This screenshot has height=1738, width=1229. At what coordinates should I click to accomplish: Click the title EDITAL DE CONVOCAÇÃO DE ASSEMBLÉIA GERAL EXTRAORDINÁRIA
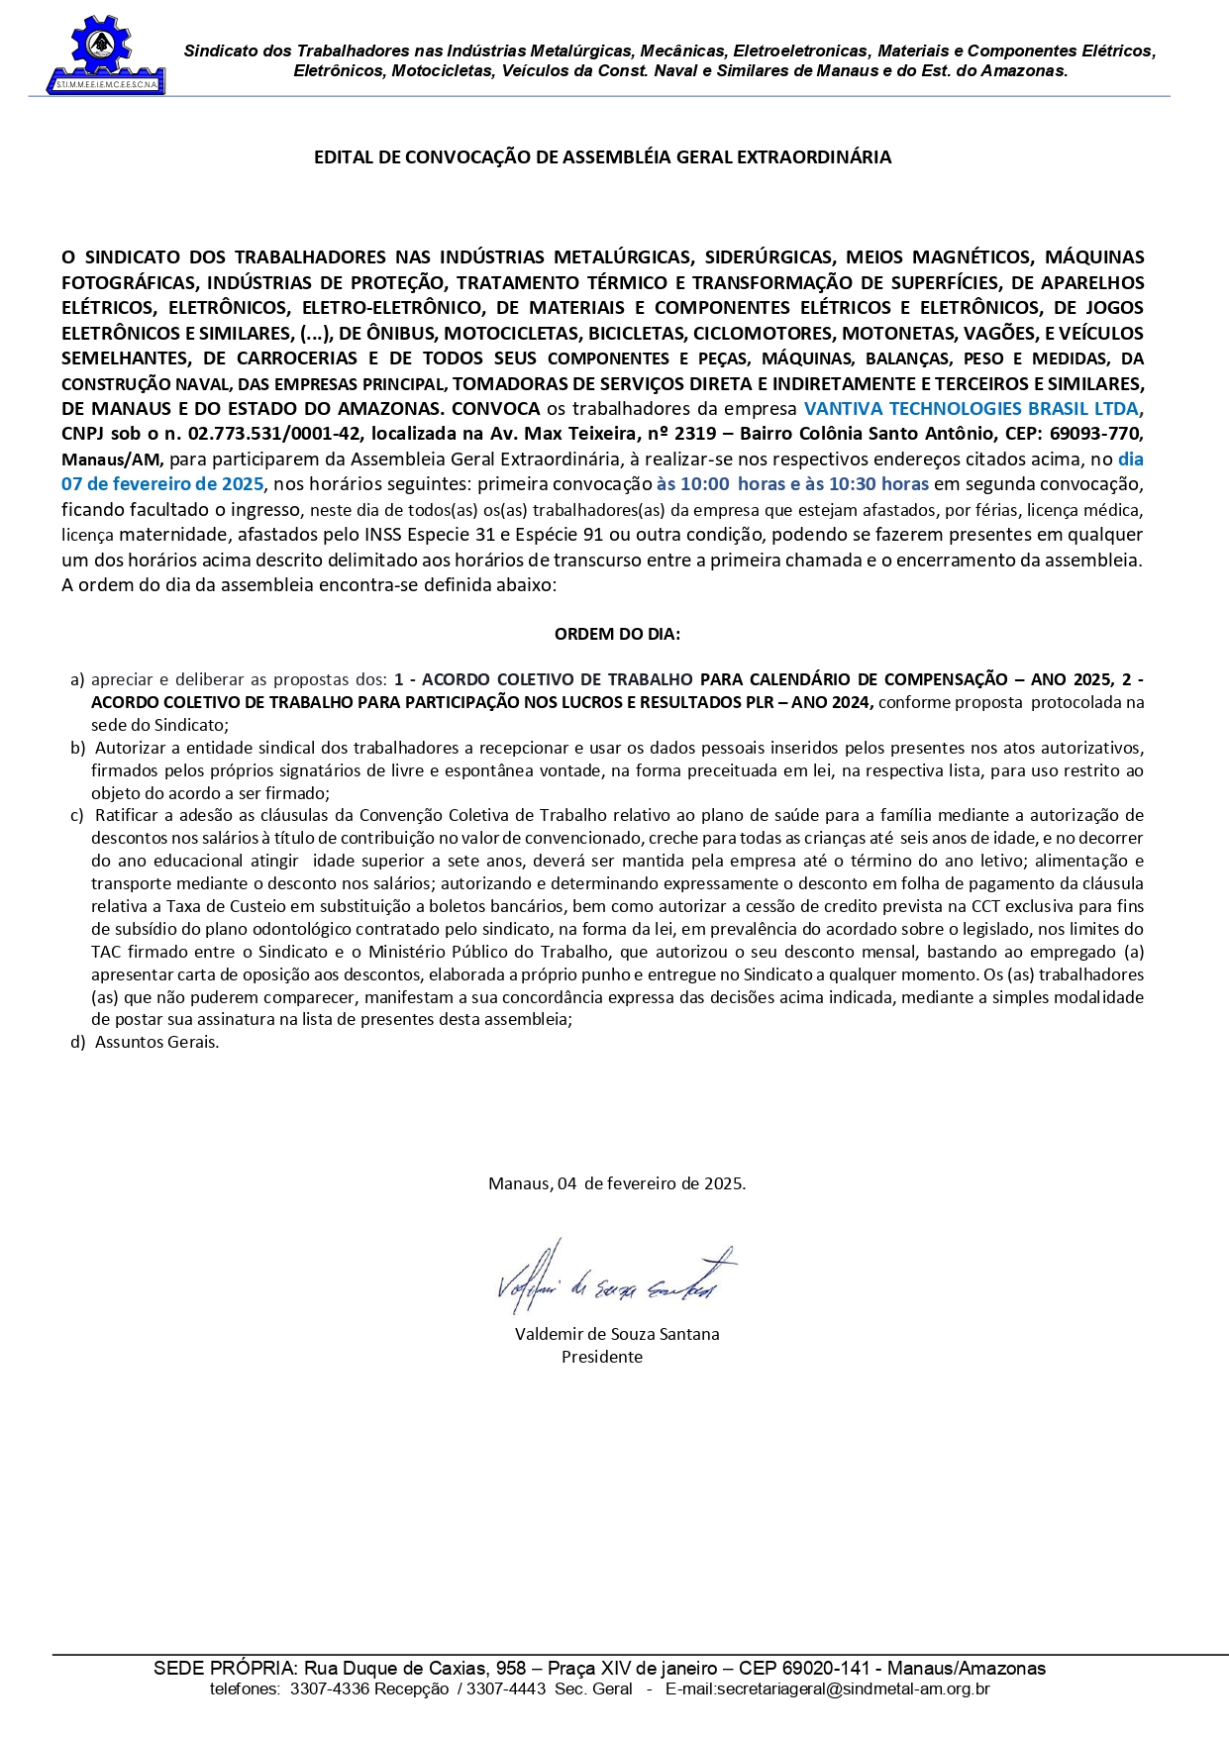602,157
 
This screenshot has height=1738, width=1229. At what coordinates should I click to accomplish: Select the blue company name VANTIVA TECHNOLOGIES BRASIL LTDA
971,409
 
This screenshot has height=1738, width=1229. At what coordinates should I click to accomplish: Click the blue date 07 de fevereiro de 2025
162,484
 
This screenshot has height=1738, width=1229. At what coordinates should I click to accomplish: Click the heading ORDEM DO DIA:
617,634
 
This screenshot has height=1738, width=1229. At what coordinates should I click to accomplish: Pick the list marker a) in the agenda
77,680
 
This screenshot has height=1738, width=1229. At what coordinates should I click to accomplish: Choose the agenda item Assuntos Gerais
156,1043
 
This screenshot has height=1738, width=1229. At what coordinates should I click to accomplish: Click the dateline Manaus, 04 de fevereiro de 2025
617,1183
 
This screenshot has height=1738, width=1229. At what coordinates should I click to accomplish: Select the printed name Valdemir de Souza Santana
617,1334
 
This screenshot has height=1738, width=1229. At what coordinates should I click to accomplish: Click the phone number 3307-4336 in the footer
316,1689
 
